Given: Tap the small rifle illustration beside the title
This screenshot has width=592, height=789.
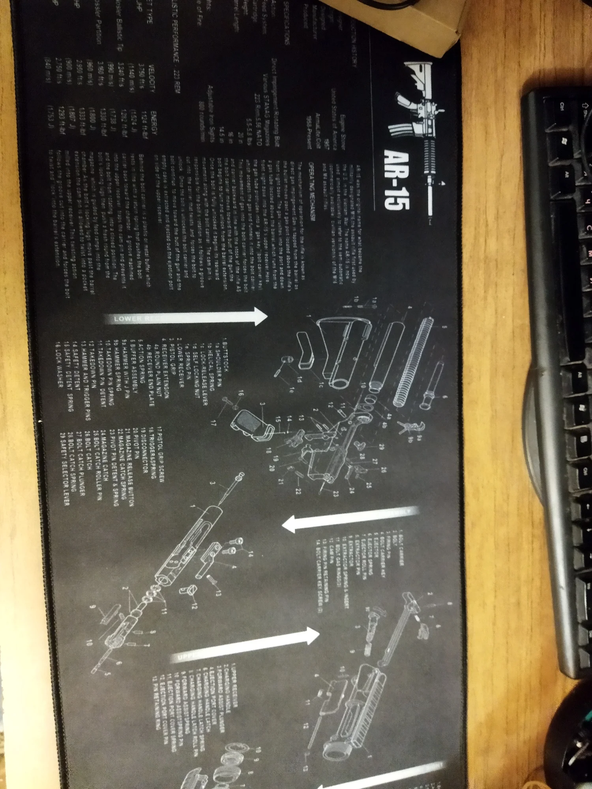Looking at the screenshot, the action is coord(418,138).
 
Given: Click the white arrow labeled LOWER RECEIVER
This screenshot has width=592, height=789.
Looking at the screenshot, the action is coord(185,317).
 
